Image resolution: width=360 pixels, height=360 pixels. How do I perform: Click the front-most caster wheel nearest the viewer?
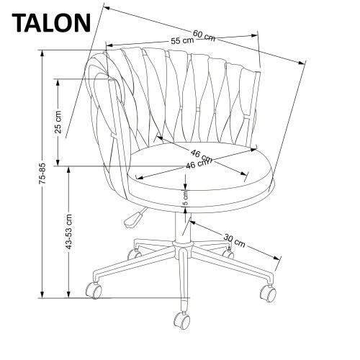pos(180,319)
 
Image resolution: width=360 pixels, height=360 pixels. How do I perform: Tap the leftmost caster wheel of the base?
pos(94,291)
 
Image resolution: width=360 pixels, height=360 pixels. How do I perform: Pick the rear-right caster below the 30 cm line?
pos(229,253)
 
